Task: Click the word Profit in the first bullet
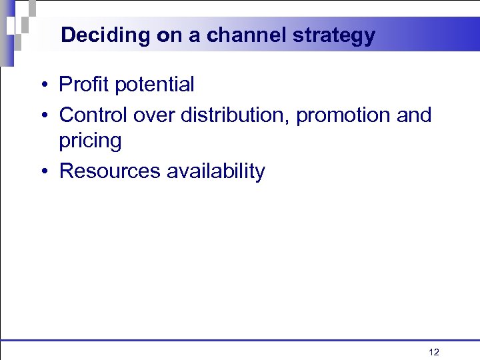click(84, 85)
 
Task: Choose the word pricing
click(90, 141)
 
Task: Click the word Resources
click(110, 171)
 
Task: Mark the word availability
click(215, 171)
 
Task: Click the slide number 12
click(434, 352)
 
